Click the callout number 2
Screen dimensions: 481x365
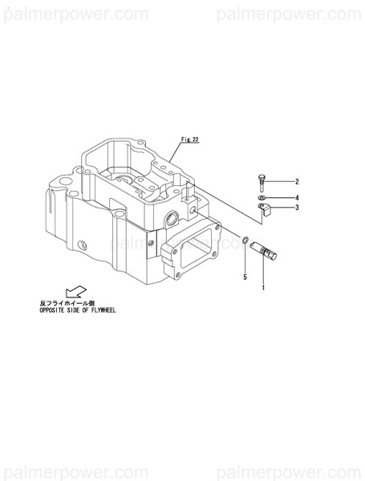coord(296,182)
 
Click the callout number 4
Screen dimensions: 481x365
coord(296,196)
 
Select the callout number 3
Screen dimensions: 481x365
coord(296,208)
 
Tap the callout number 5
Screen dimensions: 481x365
coord(245,277)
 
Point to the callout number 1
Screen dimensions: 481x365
coord(264,286)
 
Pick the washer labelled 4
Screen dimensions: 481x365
coord(263,196)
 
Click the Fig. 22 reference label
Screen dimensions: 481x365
coord(189,138)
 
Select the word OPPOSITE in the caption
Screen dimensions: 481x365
coord(54,309)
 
